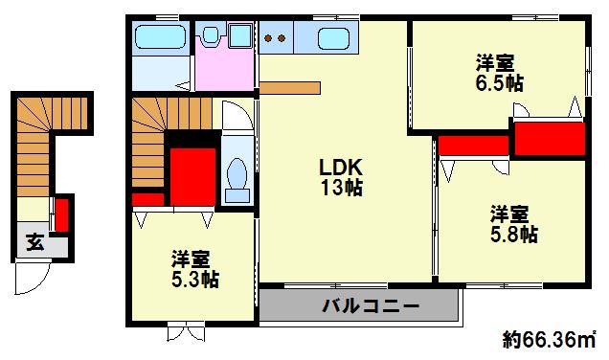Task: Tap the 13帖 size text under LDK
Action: tap(341, 188)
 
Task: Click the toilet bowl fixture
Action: tap(236, 178)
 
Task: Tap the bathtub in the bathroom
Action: tap(160, 38)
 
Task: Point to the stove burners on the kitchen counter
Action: tap(276, 38)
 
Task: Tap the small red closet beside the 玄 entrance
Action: tap(60, 214)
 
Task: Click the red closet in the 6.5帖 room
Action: tap(549, 137)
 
